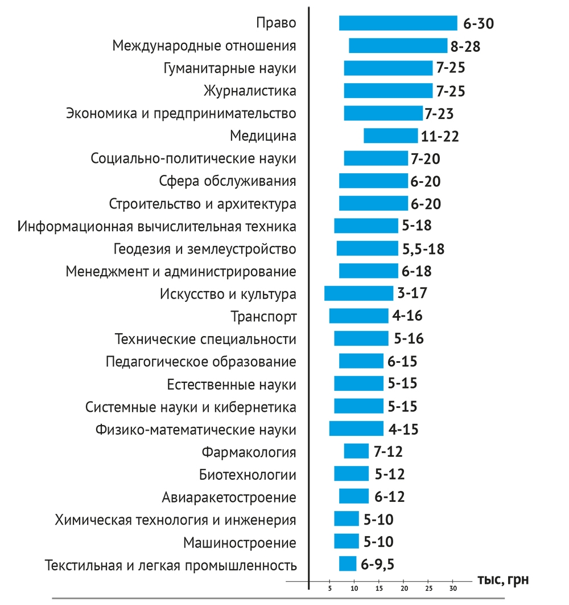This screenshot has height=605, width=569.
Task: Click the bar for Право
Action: [398, 23]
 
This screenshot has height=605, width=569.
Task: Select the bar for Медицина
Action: [390, 136]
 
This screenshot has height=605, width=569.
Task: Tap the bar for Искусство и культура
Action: [358, 293]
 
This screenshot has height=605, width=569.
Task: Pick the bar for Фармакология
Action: [356, 451]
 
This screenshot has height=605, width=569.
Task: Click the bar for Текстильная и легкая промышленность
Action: [348, 563]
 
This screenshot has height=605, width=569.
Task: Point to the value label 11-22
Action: [440, 136]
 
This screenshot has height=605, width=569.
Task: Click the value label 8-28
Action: [466, 46]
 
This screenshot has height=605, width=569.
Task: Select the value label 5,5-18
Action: [423, 249]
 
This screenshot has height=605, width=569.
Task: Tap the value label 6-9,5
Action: [378, 564]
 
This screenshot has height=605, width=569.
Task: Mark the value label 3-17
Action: [413, 294]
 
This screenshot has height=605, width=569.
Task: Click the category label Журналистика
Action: [250, 91]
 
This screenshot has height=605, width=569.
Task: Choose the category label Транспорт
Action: [263, 316]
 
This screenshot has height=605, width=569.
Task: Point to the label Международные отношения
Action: [204, 46]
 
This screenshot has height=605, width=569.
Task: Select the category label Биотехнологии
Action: [248, 475]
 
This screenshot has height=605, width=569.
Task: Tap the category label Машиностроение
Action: [240, 542]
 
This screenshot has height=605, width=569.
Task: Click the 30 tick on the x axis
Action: [453, 587]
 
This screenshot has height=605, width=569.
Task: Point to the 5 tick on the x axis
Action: [330, 587]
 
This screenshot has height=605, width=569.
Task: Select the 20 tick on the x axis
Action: [404, 587]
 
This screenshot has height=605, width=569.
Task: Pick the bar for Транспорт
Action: [358, 316]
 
